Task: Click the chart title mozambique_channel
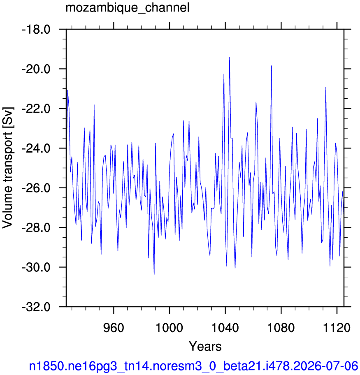128,8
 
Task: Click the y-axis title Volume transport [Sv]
8,168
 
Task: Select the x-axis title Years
205,346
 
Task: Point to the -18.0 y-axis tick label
36,30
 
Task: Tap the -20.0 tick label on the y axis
36,69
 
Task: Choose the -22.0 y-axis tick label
36,109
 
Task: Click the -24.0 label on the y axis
36,148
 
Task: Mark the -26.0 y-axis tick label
36,188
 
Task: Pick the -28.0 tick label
36,228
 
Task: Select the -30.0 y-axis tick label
36,267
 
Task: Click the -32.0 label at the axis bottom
36,307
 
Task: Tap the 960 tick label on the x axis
114,328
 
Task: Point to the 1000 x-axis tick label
169,328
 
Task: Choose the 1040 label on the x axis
225,328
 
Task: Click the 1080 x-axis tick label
281,328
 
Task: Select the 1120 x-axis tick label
337,328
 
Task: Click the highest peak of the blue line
229,58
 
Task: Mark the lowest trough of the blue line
154,275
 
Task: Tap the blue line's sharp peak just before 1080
271,65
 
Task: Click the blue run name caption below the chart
193,366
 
